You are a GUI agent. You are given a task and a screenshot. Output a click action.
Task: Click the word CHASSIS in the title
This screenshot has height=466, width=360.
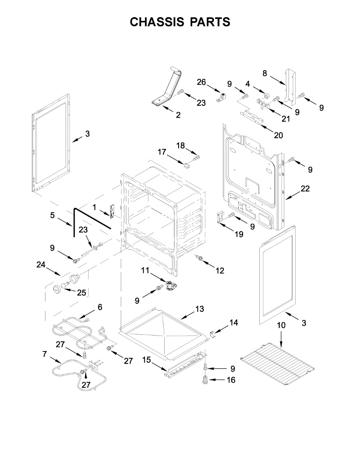click(157, 22)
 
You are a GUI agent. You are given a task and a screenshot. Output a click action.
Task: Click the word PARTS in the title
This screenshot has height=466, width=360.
click(210, 22)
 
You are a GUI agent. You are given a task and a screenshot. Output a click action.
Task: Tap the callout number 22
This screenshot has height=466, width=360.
click(305, 189)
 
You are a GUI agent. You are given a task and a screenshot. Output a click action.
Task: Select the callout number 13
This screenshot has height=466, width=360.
click(199, 309)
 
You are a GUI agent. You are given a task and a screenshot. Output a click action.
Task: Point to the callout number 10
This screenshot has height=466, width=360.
click(281, 325)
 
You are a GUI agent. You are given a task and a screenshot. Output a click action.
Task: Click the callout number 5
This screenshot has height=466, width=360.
click(52, 215)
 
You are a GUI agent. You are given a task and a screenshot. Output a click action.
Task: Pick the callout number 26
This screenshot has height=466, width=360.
click(201, 82)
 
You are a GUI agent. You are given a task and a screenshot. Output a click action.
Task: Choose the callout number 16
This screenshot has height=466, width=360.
click(231, 380)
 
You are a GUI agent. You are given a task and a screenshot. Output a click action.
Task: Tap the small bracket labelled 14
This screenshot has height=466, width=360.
click(212, 333)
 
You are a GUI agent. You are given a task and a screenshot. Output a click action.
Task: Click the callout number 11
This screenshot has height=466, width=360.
click(145, 270)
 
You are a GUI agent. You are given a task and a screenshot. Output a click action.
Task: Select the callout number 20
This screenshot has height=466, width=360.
click(278, 135)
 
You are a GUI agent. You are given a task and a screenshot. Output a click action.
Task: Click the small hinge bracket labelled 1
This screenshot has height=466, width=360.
click(113, 212)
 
